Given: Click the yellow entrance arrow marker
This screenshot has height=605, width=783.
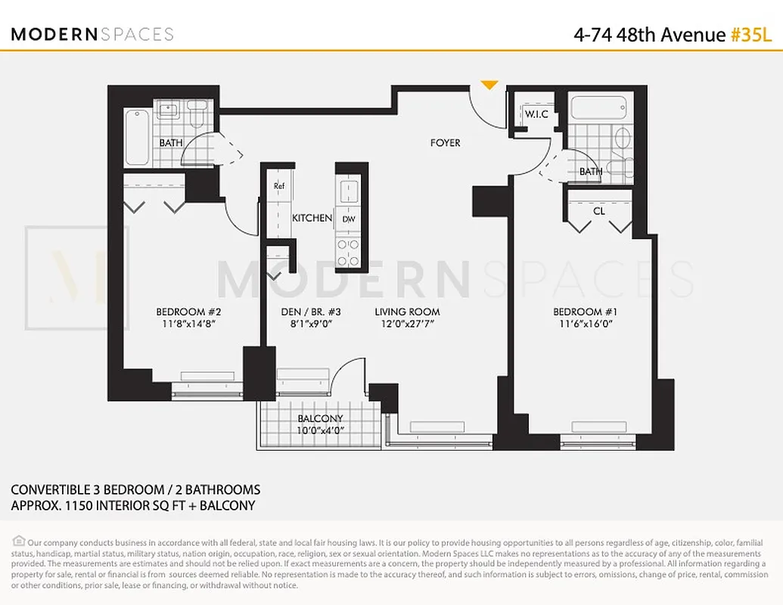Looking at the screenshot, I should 489,85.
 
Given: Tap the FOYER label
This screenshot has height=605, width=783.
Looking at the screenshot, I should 445,143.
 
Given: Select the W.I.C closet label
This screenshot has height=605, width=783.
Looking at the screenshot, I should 536,115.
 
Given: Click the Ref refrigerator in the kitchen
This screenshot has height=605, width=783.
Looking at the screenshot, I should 279,186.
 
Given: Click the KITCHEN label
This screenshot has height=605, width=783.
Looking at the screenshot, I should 312,218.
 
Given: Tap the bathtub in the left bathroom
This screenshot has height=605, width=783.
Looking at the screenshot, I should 138,137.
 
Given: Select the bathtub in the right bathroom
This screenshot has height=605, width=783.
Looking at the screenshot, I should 601,107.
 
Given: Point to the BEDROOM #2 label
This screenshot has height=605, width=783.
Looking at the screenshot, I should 188,312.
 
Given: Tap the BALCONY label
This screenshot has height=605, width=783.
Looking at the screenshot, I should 320,418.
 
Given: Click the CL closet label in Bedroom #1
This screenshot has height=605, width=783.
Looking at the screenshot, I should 598,211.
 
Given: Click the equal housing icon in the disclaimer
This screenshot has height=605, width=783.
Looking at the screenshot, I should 19,541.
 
